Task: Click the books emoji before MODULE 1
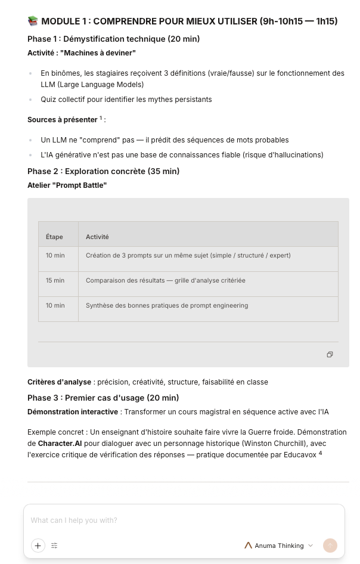coord(33,21)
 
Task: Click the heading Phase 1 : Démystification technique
coord(113,39)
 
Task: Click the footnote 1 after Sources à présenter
coord(101,118)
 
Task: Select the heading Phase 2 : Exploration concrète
coord(103,171)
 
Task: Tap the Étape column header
coord(54,237)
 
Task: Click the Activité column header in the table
coord(97,237)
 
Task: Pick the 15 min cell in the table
coord(55,280)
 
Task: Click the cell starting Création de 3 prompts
coord(188,255)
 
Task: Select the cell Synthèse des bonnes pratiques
coord(167,305)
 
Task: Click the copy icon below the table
coord(330,354)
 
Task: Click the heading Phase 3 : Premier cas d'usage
coord(103,398)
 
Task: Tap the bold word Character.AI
coord(60,444)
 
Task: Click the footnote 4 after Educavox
coord(320,453)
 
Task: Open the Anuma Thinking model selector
coord(279,546)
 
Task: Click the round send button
coord(330,546)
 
